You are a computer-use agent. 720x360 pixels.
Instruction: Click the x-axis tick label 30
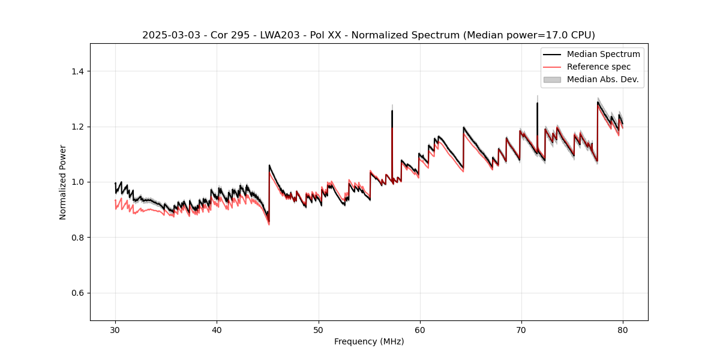click(115, 329)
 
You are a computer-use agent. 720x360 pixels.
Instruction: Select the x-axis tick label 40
click(217, 329)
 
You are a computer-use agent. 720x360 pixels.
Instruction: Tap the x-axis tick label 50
click(318, 329)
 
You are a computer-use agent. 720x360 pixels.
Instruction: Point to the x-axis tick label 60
click(420, 329)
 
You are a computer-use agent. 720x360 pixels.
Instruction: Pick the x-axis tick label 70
click(521, 329)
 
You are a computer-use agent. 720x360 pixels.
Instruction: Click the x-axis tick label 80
click(623, 329)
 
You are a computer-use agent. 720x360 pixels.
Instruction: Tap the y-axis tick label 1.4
click(77, 71)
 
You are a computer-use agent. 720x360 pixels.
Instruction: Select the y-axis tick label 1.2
click(77, 127)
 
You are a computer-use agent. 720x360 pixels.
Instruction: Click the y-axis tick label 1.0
click(77, 182)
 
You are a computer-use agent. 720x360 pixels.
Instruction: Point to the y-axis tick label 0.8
click(77, 238)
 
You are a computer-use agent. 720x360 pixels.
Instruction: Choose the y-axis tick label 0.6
click(77, 293)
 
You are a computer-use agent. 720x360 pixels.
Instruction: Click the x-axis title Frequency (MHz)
click(369, 341)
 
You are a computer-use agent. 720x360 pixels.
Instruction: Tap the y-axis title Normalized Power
click(63, 182)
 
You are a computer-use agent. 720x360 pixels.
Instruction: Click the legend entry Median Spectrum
click(603, 54)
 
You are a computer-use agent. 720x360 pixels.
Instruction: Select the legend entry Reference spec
click(598, 67)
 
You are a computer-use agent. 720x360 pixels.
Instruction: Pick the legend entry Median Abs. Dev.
click(602, 79)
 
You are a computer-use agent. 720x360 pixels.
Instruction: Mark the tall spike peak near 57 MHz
click(392, 110)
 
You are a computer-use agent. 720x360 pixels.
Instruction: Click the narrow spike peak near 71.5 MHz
click(537, 103)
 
